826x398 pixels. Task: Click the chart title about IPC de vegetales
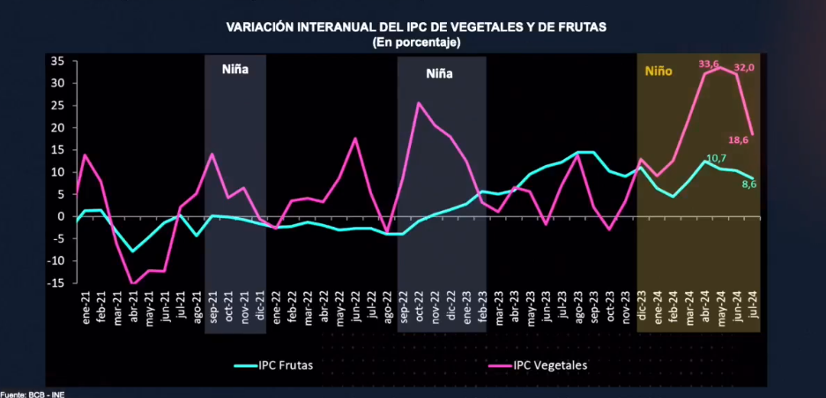(x=416, y=27)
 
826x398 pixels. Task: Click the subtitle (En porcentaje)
(x=416, y=41)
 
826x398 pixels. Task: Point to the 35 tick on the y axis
(x=57, y=61)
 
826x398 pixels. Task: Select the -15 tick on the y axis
(x=56, y=283)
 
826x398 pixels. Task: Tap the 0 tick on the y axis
(x=61, y=216)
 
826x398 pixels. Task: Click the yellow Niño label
(x=659, y=71)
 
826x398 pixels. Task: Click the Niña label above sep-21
(x=235, y=68)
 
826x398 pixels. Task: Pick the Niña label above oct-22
(x=439, y=74)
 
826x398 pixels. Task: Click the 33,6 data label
(x=709, y=64)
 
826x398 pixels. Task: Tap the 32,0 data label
(x=744, y=67)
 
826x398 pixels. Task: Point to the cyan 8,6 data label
(x=749, y=184)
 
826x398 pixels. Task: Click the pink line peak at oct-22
(x=418, y=103)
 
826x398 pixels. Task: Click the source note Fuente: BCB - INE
(x=33, y=394)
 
